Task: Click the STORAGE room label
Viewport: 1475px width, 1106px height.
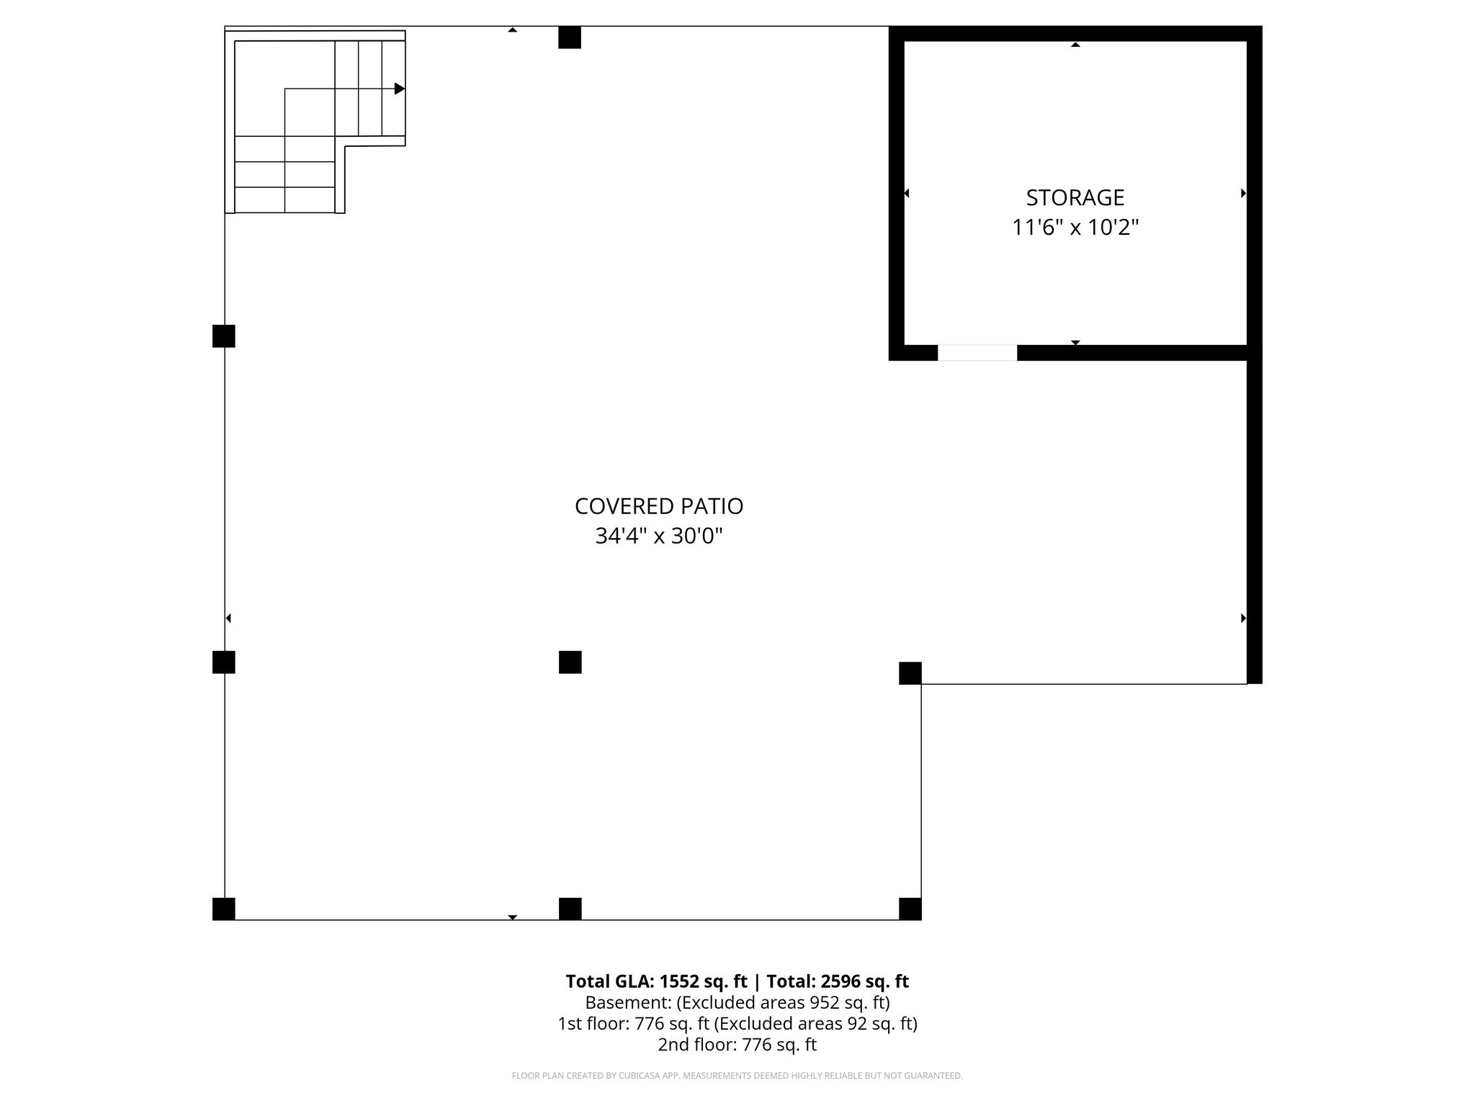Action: click(x=1075, y=197)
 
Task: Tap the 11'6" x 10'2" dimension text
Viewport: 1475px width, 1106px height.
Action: click(x=1075, y=228)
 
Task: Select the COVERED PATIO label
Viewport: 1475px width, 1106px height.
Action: click(x=658, y=506)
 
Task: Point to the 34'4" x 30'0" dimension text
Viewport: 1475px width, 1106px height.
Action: click(x=658, y=536)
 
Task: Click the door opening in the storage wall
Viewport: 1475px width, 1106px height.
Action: click(x=977, y=353)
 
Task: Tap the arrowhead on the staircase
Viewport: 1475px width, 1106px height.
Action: click(x=400, y=89)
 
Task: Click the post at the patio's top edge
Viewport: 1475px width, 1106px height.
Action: click(x=570, y=37)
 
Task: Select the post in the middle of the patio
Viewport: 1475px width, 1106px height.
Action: click(x=570, y=662)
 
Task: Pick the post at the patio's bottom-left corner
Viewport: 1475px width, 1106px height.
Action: click(x=224, y=909)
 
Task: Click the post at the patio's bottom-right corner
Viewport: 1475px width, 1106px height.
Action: click(x=910, y=909)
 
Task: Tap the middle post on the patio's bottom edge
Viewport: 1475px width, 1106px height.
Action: click(x=570, y=909)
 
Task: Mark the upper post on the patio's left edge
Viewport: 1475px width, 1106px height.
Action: click(x=224, y=336)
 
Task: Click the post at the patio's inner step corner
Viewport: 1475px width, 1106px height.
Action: click(x=910, y=673)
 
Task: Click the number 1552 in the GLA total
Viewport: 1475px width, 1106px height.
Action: click(x=679, y=981)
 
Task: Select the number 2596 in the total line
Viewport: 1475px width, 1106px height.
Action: click(x=841, y=981)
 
